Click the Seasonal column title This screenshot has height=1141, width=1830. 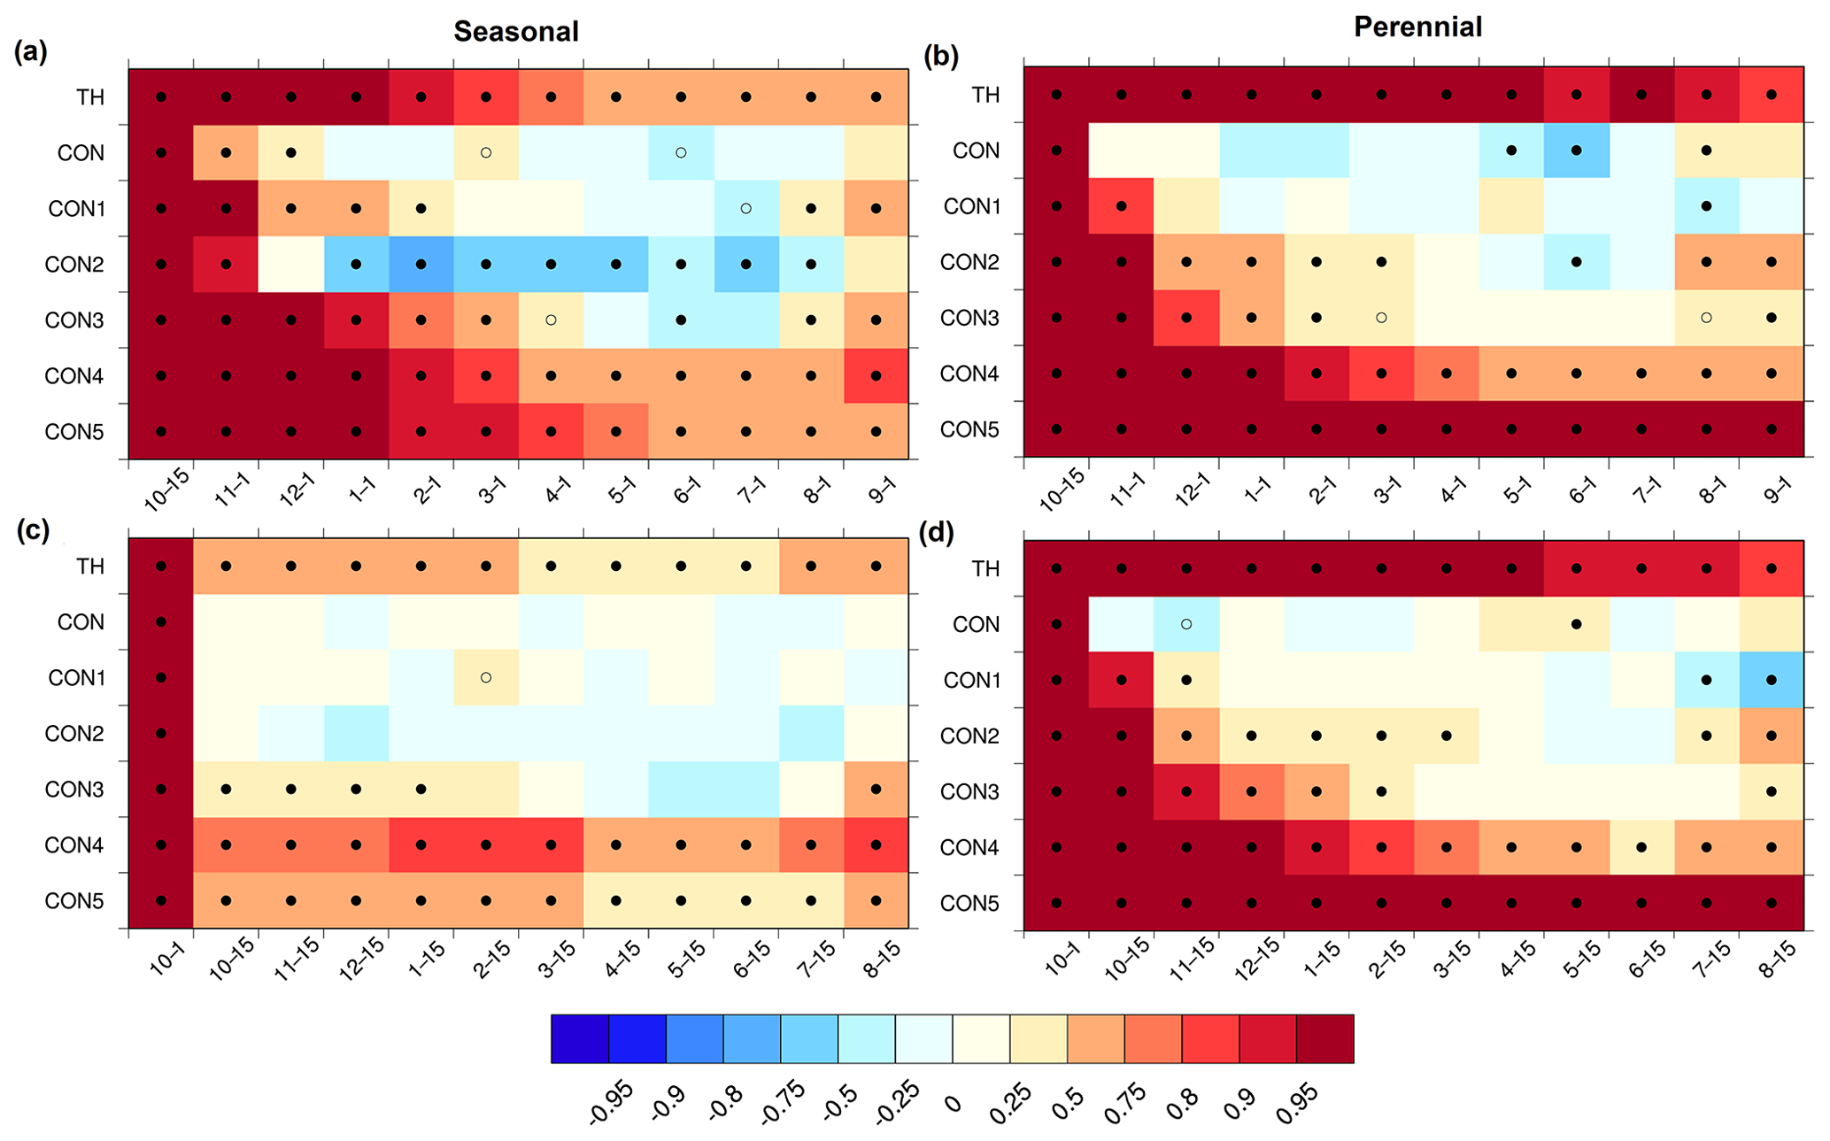point(516,32)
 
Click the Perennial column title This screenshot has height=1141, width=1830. point(1417,27)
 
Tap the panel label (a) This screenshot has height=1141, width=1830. point(31,52)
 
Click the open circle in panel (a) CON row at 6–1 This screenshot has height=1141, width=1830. point(681,152)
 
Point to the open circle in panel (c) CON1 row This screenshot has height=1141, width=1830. point(486,677)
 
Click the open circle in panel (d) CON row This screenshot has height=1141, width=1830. point(1186,624)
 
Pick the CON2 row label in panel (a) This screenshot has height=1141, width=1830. point(74,264)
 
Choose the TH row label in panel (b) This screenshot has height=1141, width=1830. point(985,95)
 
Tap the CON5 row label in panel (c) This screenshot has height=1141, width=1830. point(74,901)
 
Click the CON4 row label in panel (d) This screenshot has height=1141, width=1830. point(969,847)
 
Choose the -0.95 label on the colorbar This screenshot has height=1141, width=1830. point(610,1103)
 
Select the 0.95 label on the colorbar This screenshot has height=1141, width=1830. point(1298,1103)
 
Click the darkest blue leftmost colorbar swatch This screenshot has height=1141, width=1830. point(579,1038)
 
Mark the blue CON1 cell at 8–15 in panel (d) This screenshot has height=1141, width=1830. point(1772,680)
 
